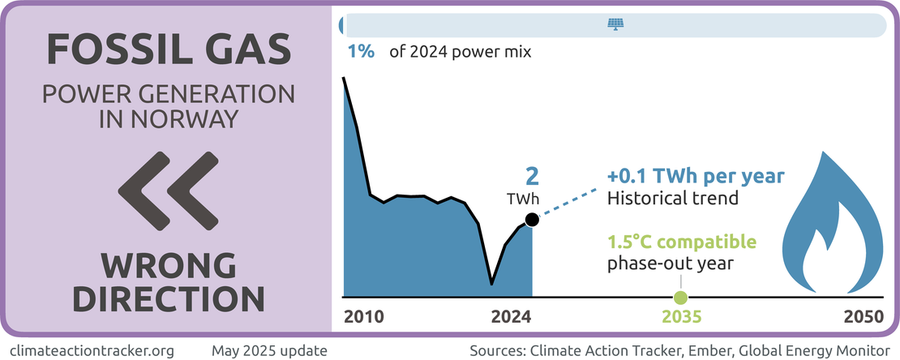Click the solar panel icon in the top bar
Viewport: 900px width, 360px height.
(616, 24)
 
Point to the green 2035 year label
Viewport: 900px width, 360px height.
(680, 315)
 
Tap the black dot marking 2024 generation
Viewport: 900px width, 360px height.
(531, 220)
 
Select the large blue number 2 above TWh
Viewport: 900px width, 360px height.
(533, 177)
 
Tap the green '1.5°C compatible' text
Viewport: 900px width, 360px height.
(682, 242)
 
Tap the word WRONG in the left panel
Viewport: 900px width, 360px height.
(169, 266)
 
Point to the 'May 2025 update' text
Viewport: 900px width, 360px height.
(269, 351)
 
